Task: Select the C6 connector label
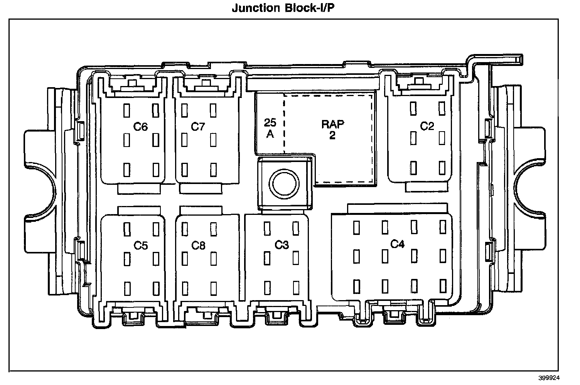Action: pos(140,127)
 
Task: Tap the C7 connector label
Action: pos(198,127)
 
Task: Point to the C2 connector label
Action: pos(427,127)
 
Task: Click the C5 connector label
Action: pos(140,245)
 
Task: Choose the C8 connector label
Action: pos(198,245)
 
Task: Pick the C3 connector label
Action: pos(282,245)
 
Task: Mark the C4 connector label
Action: pos(397,244)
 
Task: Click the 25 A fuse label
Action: pos(270,128)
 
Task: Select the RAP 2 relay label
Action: pos(332,130)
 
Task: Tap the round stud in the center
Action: pos(284,184)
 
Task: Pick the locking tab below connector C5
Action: pos(133,316)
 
